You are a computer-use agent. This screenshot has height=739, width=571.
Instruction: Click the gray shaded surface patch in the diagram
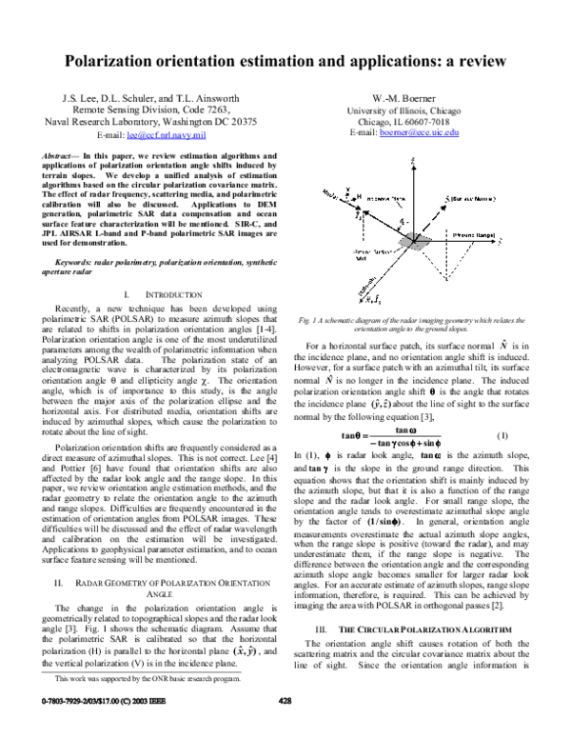(412, 242)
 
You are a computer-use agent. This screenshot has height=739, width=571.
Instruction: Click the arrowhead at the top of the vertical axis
(413, 162)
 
